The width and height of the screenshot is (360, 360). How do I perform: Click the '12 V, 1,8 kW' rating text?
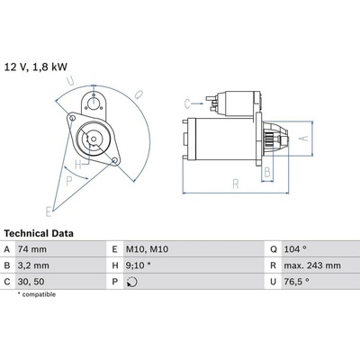click(36, 67)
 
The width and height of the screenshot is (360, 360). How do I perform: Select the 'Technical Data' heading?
click(39, 233)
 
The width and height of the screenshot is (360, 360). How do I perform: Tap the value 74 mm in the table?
click(32, 249)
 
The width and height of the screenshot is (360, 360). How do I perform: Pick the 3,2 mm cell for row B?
click(33, 265)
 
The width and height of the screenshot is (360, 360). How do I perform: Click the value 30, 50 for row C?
click(31, 282)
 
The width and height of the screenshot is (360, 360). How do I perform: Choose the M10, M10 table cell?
click(147, 249)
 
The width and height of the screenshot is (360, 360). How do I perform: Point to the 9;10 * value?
click(138, 265)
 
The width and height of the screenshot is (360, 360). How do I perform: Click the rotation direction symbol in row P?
click(132, 282)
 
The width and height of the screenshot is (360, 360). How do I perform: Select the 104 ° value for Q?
click(295, 249)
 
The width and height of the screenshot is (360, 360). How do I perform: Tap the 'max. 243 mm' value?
click(312, 265)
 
